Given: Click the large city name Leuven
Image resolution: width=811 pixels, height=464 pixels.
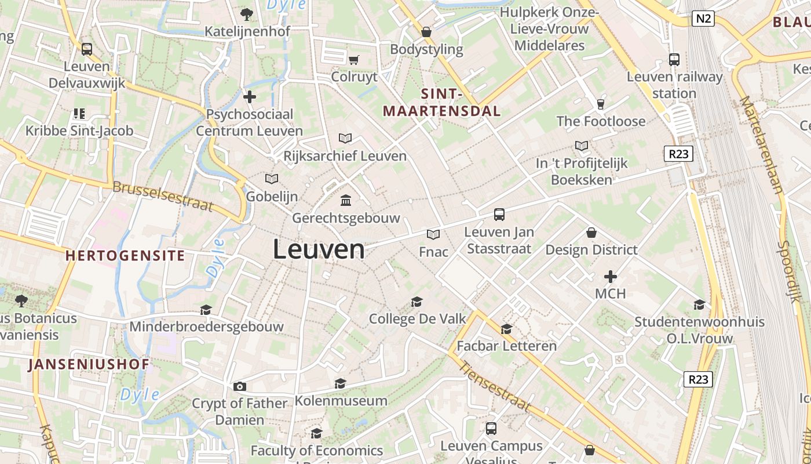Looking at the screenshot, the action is pos(319,250).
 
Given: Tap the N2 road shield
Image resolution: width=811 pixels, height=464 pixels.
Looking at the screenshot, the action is pos(703,19).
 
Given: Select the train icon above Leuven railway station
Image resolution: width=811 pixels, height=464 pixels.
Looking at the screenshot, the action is pos(674,59).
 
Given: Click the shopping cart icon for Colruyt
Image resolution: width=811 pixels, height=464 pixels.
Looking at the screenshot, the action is pos(354,60).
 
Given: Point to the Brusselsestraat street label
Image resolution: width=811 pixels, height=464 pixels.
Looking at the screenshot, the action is pos(163,197).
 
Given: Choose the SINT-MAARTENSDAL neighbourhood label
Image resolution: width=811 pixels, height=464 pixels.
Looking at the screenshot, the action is pos(441,103).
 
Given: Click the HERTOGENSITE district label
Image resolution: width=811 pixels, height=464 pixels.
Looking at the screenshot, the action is pos(125,255).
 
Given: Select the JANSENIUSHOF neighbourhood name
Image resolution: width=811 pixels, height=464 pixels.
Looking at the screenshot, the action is pos(89,364).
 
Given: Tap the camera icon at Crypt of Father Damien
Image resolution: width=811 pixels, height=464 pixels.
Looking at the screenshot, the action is pos(239,386).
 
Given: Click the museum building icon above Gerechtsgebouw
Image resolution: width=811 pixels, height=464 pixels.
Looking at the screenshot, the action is pos(346,201).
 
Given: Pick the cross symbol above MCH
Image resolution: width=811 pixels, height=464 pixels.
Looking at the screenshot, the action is pos(611,277).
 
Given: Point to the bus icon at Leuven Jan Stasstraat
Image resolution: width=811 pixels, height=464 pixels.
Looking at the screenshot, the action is pos(499,215).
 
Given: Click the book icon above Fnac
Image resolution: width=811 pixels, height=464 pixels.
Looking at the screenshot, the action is pos(433,234).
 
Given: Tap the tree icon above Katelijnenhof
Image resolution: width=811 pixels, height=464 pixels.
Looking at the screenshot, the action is pos(247,14).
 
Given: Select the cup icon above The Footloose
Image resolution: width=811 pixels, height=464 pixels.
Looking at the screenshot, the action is pos(600,104).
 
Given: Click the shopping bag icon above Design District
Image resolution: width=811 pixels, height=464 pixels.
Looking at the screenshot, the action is pos(591,233).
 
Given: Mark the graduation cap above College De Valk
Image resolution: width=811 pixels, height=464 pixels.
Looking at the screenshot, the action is pos(417,302).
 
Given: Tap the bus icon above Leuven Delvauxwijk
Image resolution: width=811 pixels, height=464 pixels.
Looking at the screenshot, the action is pos(87,49).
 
